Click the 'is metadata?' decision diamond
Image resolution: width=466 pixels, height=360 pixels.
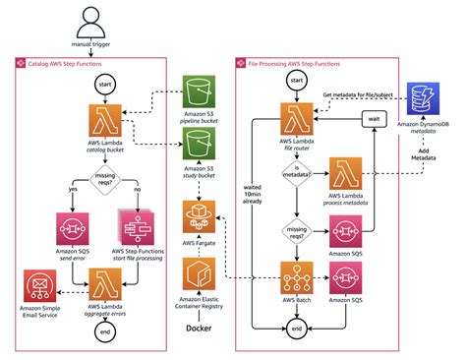295,173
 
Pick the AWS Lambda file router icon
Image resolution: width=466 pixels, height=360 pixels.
295,120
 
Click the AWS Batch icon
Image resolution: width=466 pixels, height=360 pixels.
295,278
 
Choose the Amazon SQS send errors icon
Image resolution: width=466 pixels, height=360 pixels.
71,230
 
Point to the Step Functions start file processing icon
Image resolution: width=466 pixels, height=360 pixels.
138,230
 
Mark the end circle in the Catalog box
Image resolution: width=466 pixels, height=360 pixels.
105,333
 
